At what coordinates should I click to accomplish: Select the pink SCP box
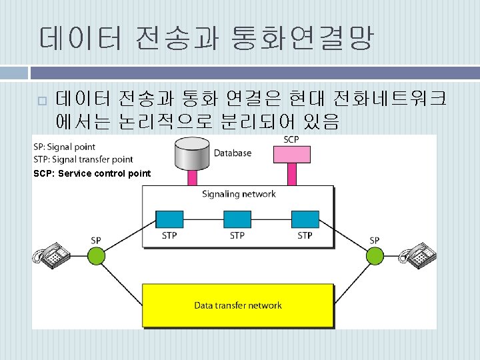point(291,155)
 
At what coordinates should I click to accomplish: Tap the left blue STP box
point(169,219)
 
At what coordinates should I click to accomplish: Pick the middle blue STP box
point(237,219)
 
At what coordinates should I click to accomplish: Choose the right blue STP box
point(305,219)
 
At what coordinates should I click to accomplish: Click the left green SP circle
point(97,256)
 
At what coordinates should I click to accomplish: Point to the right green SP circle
point(375,256)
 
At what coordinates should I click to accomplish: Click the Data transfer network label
point(238,305)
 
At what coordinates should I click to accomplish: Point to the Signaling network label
point(239,194)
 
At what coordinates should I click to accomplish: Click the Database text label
point(233,153)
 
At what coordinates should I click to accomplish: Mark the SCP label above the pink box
point(291,139)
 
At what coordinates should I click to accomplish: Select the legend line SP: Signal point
point(65,147)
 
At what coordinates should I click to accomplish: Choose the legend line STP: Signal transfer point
point(83,159)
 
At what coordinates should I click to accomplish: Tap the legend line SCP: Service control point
point(92,173)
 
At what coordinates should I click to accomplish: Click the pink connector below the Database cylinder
point(192,177)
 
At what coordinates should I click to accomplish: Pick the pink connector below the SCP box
point(291,175)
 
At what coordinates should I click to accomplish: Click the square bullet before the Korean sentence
point(41,101)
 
